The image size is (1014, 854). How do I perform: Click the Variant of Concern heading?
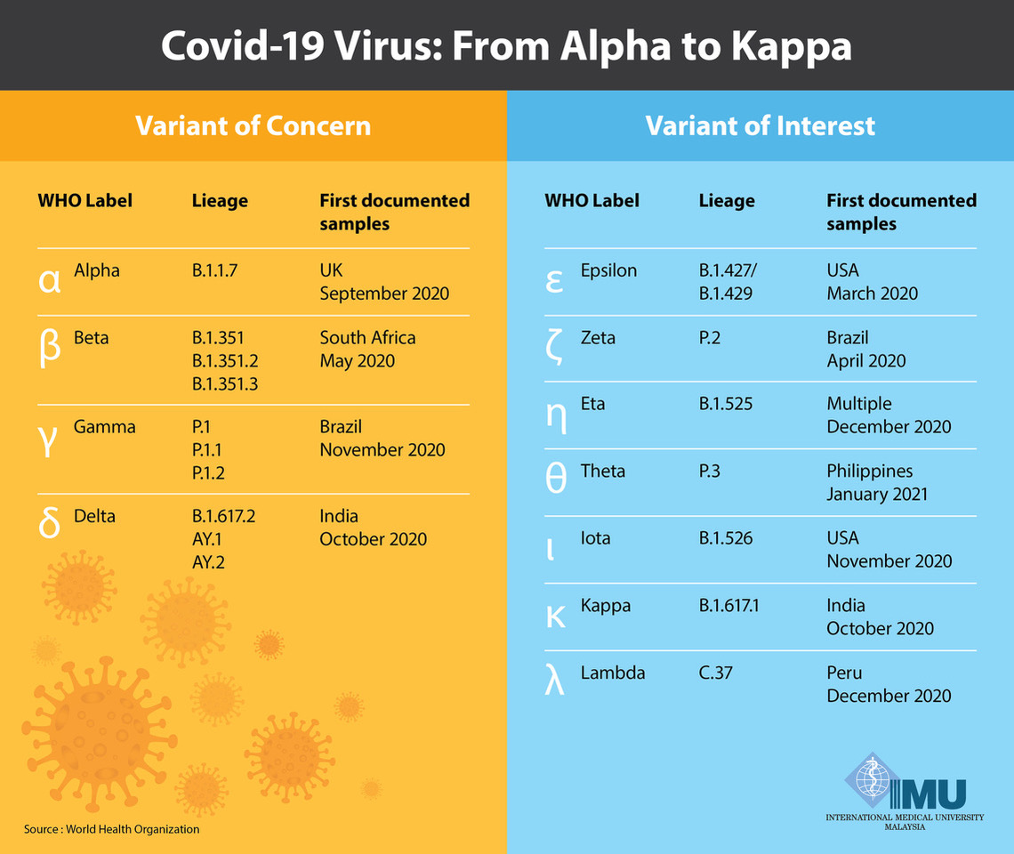(x=253, y=125)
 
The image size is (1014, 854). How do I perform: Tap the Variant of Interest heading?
(x=760, y=125)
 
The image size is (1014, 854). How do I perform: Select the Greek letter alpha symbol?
(x=50, y=279)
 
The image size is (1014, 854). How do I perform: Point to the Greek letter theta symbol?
(x=555, y=479)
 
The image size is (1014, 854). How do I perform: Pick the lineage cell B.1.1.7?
(x=214, y=270)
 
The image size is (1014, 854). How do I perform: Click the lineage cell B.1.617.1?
(x=729, y=606)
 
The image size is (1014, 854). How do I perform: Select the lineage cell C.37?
(x=715, y=673)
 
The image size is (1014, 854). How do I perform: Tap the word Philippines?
(x=870, y=471)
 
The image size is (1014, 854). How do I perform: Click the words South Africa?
(x=367, y=338)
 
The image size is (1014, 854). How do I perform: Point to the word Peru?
(x=844, y=673)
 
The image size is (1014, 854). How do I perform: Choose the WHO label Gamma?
(x=105, y=427)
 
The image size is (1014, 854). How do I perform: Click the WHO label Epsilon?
(x=608, y=270)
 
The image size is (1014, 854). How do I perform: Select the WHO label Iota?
(x=595, y=538)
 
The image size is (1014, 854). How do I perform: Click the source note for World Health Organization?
(x=112, y=829)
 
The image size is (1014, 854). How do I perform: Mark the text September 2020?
(x=384, y=294)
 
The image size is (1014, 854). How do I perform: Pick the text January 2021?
(x=877, y=494)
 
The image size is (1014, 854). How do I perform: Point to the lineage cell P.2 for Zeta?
(x=710, y=338)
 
